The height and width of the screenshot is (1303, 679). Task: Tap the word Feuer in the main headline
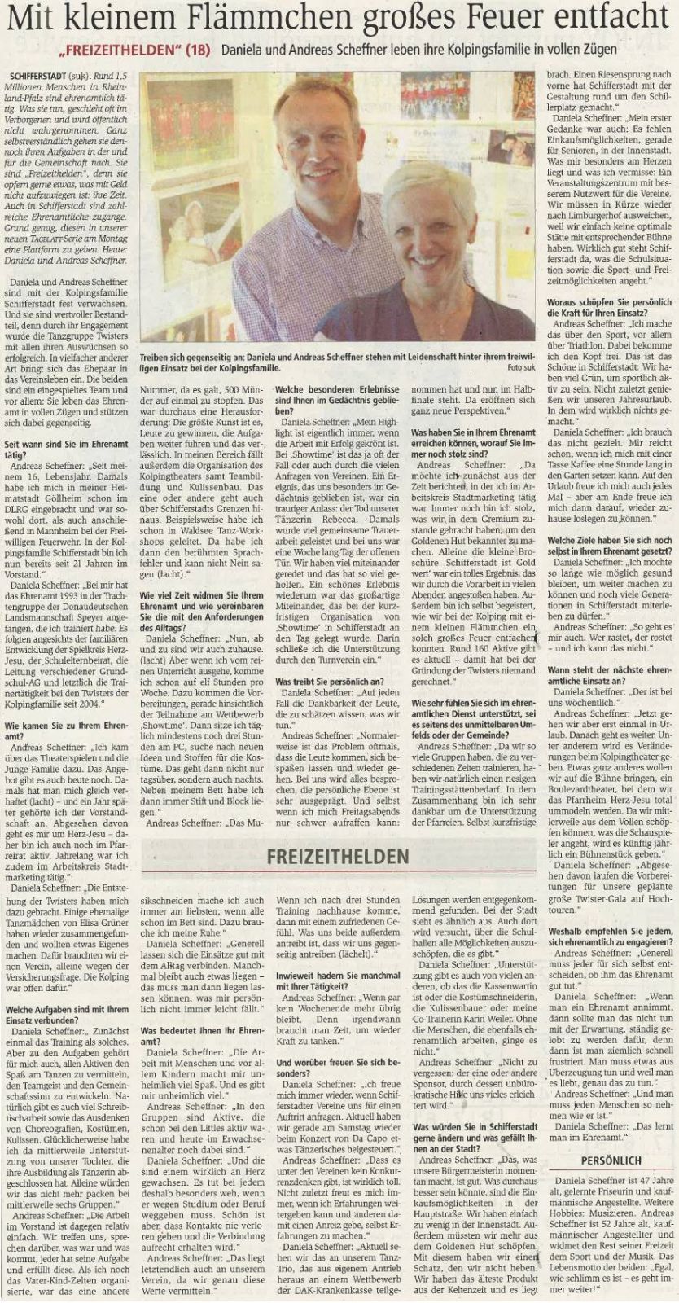[498, 18]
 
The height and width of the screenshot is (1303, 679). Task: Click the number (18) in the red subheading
[195, 50]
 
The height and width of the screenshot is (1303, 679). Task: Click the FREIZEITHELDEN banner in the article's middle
[338, 856]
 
